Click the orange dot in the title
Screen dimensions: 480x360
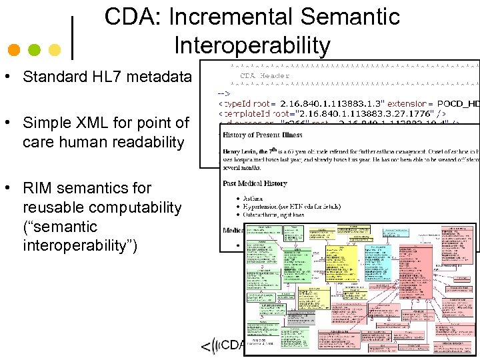pos(15,50)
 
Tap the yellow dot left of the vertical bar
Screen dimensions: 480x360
pos(55,50)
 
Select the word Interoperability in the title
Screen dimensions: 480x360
pos(252,45)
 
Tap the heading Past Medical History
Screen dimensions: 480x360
pos(254,183)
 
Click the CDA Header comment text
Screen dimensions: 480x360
pos(265,75)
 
